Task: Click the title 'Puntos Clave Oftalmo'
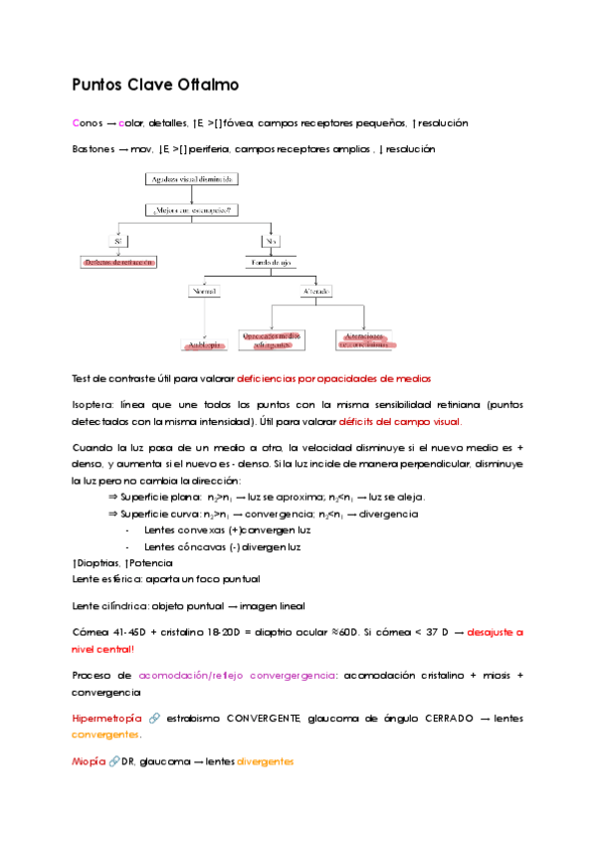(x=155, y=86)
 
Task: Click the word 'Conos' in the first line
(x=87, y=123)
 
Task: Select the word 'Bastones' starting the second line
(x=93, y=149)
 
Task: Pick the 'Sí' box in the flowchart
(x=119, y=240)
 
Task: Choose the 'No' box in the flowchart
(x=270, y=240)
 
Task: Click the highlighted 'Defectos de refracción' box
(x=119, y=262)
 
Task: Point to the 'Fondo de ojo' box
(x=270, y=262)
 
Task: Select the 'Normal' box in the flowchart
(x=204, y=291)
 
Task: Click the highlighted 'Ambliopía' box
(x=203, y=344)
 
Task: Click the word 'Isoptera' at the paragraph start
(x=93, y=405)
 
